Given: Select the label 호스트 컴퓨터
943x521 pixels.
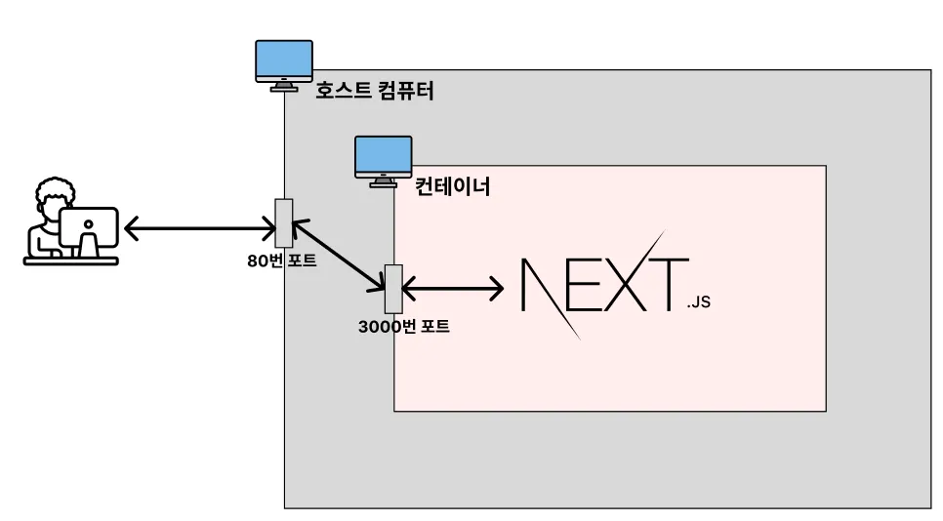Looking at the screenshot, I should pyautogui.click(x=374, y=92).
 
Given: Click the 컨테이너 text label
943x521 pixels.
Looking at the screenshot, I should pyautogui.click(x=452, y=186).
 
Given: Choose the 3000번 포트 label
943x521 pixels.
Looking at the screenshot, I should pyautogui.click(x=404, y=327).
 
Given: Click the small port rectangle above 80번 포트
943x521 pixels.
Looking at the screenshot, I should pyautogui.click(x=284, y=222).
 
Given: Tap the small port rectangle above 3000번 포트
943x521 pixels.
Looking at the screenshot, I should pyautogui.click(x=393, y=288).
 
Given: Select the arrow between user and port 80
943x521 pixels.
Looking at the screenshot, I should pyautogui.click(x=200, y=230).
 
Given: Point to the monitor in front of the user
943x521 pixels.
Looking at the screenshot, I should pyautogui.click(x=89, y=227).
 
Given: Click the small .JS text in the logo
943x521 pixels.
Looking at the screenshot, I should pyautogui.click(x=698, y=302).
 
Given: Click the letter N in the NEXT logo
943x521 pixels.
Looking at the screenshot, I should pyautogui.click(x=546, y=285).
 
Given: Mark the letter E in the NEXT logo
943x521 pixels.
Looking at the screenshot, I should pyautogui.click(x=586, y=285).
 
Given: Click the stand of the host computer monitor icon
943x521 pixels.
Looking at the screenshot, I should pyautogui.click(x=284, y=86).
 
